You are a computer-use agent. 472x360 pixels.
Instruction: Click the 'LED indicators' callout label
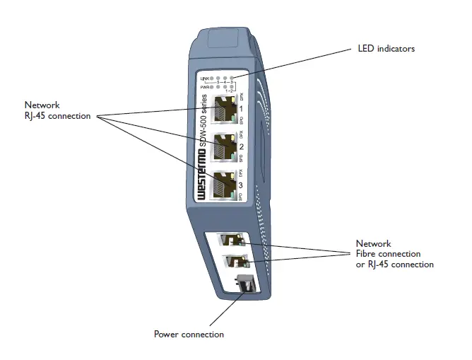pos(386,49)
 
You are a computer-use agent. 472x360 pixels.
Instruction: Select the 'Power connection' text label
pos(189,334)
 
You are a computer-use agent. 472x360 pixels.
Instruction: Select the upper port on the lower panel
pos(230,241)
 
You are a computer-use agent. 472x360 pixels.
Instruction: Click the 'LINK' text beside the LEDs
pos(206,77)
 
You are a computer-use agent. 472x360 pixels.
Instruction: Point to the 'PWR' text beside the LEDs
pos(206,86)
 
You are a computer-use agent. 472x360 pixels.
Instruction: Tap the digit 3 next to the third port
pos(241,185)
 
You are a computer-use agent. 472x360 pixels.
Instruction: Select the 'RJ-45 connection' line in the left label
pos(55,115)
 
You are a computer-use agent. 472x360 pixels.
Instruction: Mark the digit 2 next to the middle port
pos(241,147)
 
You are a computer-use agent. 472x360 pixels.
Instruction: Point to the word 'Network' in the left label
pos(40,105)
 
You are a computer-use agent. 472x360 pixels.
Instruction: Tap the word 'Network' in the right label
pos(373,244)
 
